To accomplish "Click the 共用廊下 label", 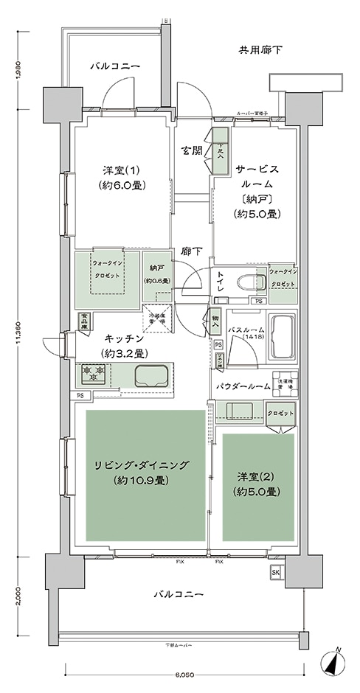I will pos(260,50).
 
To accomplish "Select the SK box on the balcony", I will pos(276,572).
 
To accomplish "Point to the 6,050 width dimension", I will pos(184,675).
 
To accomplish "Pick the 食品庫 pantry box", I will pos(83,321).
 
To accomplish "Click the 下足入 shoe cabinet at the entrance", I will pos(220,151).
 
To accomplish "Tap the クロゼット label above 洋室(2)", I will pos(281,414).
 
